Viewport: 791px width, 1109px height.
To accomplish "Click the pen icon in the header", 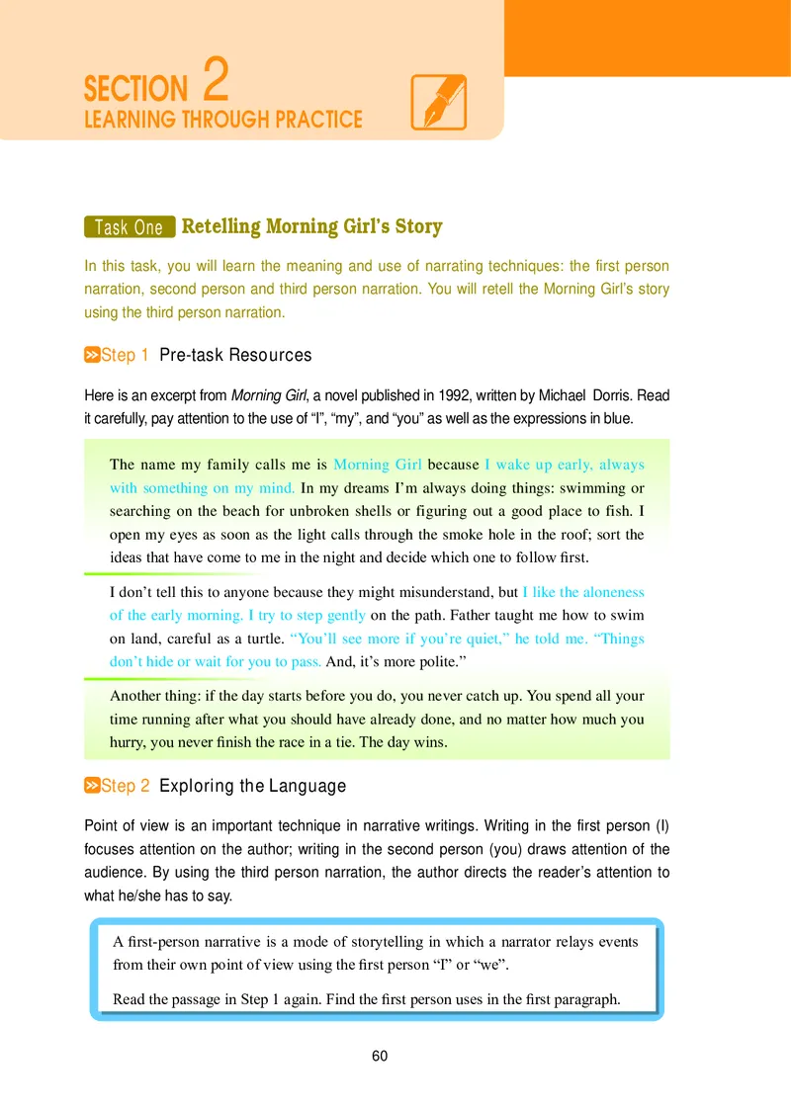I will [x=437, y=103].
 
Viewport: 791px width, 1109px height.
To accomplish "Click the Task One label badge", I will [x=129, y=227].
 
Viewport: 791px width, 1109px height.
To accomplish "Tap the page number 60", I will [x=380, y=1057].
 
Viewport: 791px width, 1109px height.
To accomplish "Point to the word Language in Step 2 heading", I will [x=303, y=786].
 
